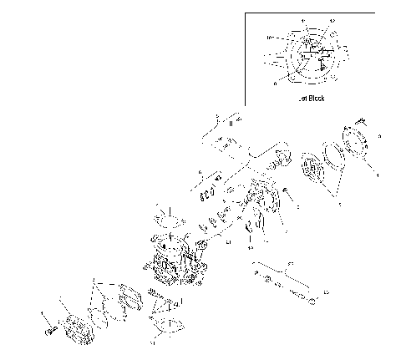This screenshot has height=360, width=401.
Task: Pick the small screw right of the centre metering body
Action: (x=287, y=194)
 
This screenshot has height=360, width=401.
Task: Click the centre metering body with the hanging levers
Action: (x=261, y=205)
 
